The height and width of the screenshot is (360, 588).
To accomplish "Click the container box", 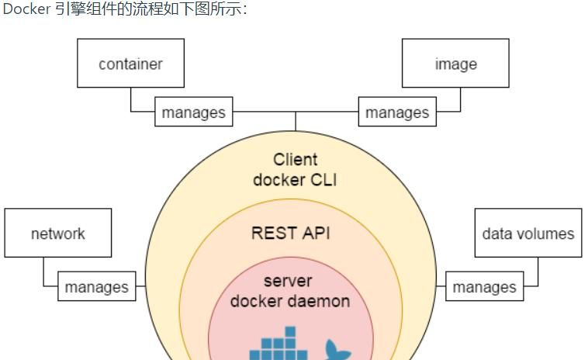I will pyautogui.click(x=130, y=64).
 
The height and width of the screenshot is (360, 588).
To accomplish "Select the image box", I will pyautogui.click(x=455, y=64).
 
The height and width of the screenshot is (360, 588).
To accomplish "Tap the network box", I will pyautogui.click(x=58, y=233).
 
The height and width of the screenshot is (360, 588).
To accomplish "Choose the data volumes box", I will pyautogui.click(x=527, y=233).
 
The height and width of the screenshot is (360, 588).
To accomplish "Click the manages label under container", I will pyautogui.click(x=193, y=112).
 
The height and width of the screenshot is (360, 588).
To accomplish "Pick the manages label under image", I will pyautogui.click(x=397, y=112).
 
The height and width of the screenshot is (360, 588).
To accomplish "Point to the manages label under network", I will pyautogui.click(x=97, y=287).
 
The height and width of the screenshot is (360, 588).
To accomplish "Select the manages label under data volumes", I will pyautogui.click(x=485, y=287).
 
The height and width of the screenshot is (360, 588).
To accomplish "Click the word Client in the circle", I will pyautogui.click(x=295, y=160).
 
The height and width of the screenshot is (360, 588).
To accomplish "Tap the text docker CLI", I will pyautogui.click(x=295, y=180).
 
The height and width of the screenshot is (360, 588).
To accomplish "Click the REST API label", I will pyautogui.click(x=291, y=233).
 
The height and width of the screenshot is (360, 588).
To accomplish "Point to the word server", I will pyautogui.click(x=288, y=281).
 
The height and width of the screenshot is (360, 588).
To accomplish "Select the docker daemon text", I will pyautogui.click(x=290, y=300).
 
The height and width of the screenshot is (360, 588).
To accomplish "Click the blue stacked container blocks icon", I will pyautogui.click(x=278, y=346).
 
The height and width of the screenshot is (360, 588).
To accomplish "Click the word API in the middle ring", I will pyautogui.click(x=315, y=233).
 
